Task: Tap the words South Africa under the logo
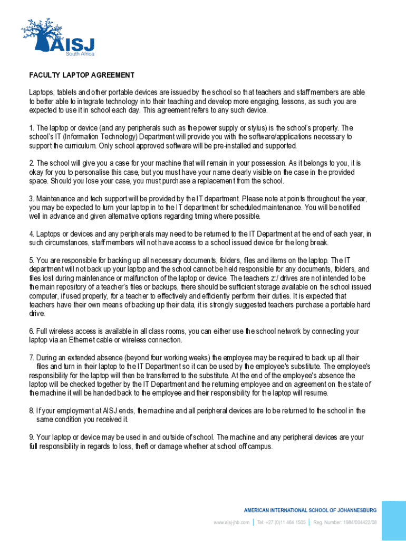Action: [x=80, y=53]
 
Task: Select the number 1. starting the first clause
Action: [x=32, y=128]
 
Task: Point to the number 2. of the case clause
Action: [x=32, y=163]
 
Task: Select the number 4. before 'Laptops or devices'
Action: [x=32, y=234]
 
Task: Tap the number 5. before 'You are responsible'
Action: [x=32, y=260]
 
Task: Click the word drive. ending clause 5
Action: [x=37, y=314]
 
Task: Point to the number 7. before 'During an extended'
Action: [x=32, y=358]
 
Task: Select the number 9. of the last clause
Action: [x=32, y=437]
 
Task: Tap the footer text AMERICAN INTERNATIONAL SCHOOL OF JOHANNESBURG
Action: [x=310, y=510]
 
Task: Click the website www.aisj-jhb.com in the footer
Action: [x=231, y=523]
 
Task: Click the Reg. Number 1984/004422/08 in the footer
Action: [x=345, y=523]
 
